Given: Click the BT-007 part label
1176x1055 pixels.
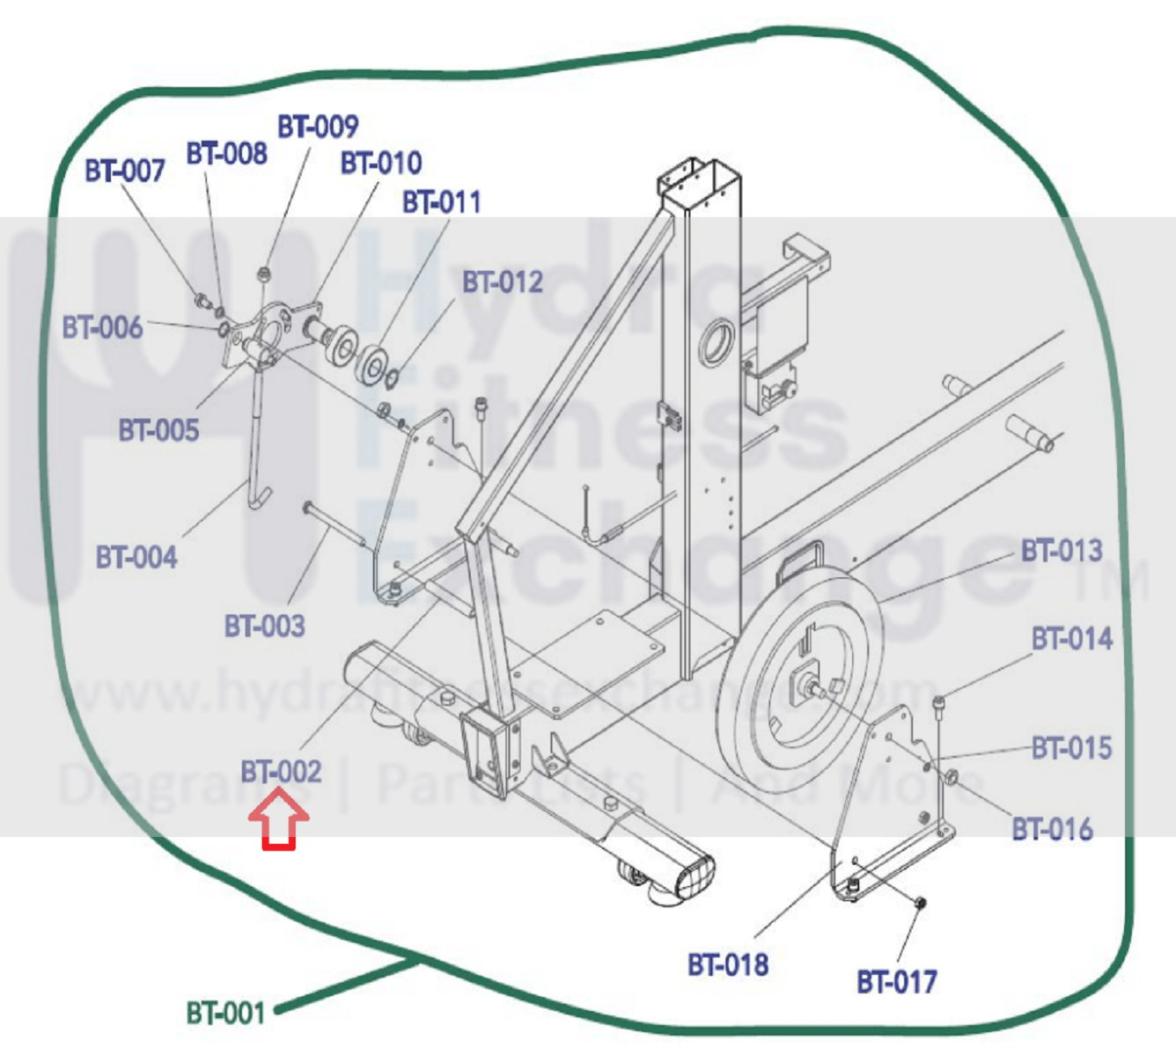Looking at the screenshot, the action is [124, 171].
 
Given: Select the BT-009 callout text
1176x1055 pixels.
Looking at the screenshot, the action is [317, 127].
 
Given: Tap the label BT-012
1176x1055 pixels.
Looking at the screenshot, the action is [502, 282].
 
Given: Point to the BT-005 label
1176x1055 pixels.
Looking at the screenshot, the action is [158, 430].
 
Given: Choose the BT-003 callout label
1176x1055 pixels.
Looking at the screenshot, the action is [264, 626].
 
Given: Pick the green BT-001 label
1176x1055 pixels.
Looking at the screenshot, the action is [225, 1013].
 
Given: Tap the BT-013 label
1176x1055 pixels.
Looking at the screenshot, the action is [1061, 551].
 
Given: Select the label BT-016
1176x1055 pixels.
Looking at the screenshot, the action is [1052, 829].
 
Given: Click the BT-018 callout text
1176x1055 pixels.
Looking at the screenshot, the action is [727, 964].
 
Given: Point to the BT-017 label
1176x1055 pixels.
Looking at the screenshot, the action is [896, 981].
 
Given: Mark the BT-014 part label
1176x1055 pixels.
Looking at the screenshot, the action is [1071, 638].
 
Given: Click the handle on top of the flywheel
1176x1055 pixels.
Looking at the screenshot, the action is [800, 558].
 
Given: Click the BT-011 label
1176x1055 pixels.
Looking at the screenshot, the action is [441, 202].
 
